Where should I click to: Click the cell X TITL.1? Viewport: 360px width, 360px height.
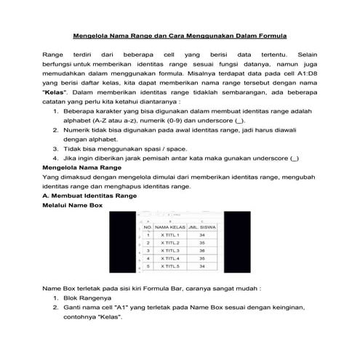(x=169, y=235)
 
